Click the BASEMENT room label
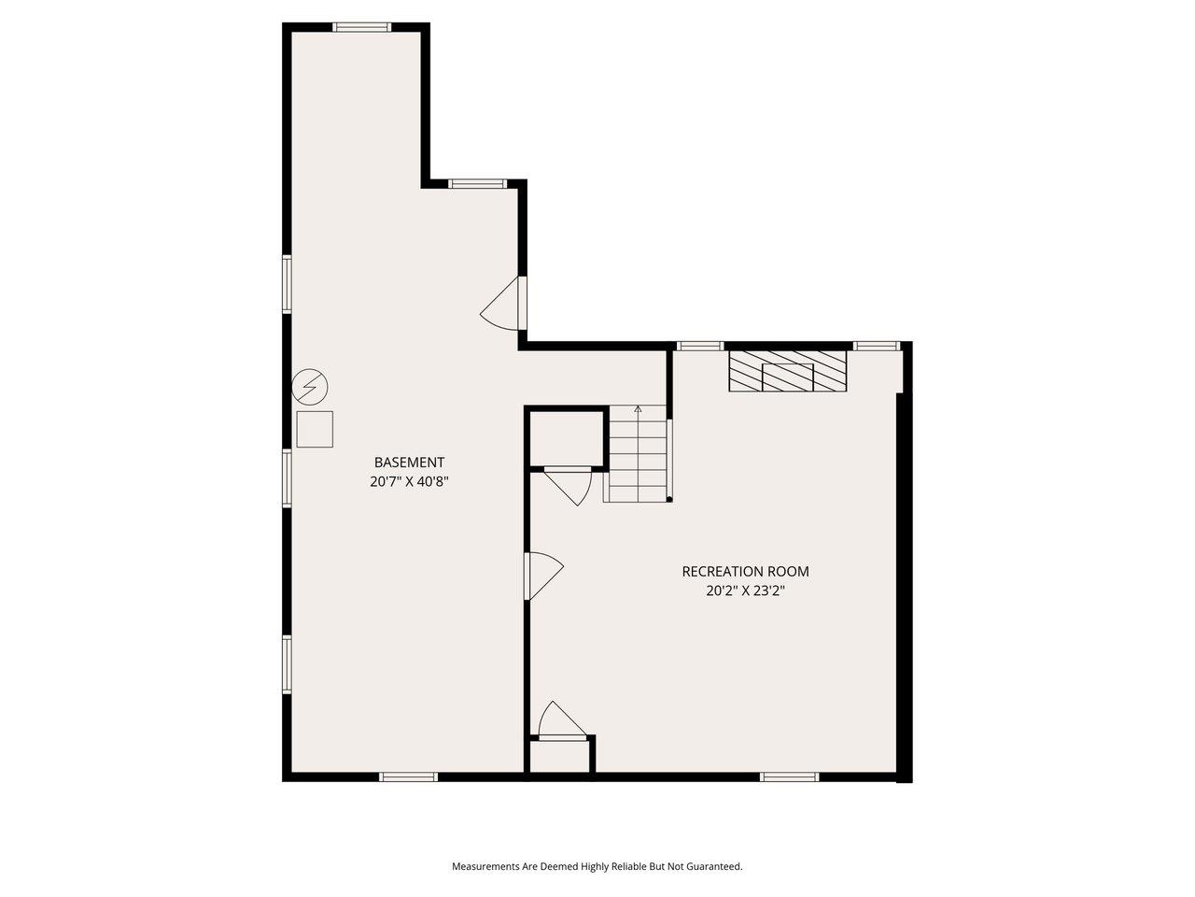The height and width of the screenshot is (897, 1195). tap(409, 462)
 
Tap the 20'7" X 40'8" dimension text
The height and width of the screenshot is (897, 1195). tap(409, 482)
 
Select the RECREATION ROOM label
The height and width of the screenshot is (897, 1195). tap(745, 571)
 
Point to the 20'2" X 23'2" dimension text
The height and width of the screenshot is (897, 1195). tap(745, 591)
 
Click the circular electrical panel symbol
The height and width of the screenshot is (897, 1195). tap(311, 386)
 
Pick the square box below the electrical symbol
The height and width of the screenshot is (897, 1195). tap(315, 429)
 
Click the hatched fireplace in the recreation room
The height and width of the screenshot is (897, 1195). tap(787, 371)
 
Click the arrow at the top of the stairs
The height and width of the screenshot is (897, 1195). tap(639, 409)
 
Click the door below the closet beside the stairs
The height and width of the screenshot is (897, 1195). tap(569, 484)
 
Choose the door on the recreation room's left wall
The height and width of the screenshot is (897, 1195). tap(544, 575)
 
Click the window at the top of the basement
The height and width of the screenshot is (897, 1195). tap(362, 27)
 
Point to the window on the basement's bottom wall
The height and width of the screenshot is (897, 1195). tap(408, 776)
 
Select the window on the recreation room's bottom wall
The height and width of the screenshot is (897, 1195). tap(789, 776)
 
